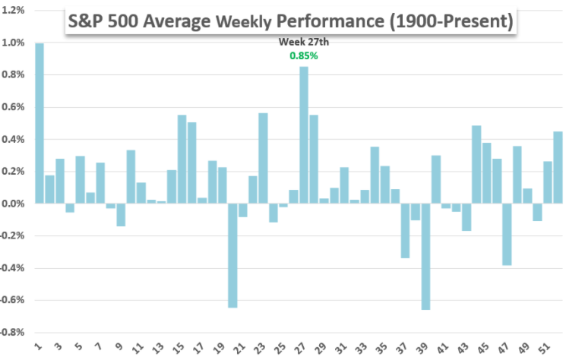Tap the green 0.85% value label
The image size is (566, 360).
(303, 55)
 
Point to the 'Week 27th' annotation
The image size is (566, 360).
(303, 43)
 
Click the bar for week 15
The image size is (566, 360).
(182, 159)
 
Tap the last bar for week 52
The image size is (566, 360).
(558, 168)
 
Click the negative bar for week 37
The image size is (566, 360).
(405, 231)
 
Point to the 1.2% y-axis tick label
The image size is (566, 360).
(13, 11)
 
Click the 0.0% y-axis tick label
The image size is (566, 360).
(13, 204)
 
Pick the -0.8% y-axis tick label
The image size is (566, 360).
(11, 333)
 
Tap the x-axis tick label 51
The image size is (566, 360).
(545, 348)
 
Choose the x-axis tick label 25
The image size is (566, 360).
(280, 348)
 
